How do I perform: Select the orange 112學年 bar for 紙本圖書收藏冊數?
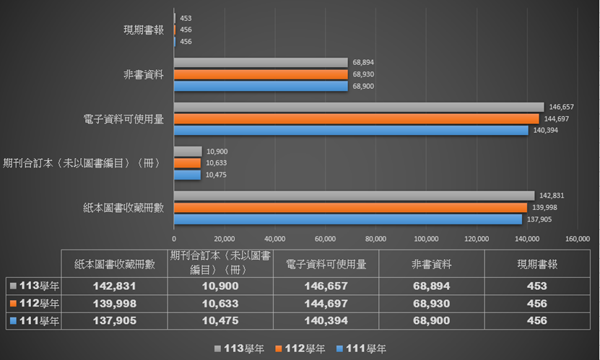point(350,208)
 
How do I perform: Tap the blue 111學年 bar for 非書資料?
point(261,86)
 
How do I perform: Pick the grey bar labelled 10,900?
point(188,152)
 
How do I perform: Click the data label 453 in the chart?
point(186,18)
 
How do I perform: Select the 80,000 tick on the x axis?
point(375,240)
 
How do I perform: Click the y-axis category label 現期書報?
point(144,30)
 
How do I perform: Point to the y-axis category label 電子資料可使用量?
point(123,119)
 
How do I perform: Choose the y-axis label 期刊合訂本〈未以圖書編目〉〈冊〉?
point(81,163)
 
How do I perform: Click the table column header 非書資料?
point(432,263)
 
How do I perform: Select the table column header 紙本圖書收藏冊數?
point(115,263)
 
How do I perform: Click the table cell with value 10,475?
point(221,320)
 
